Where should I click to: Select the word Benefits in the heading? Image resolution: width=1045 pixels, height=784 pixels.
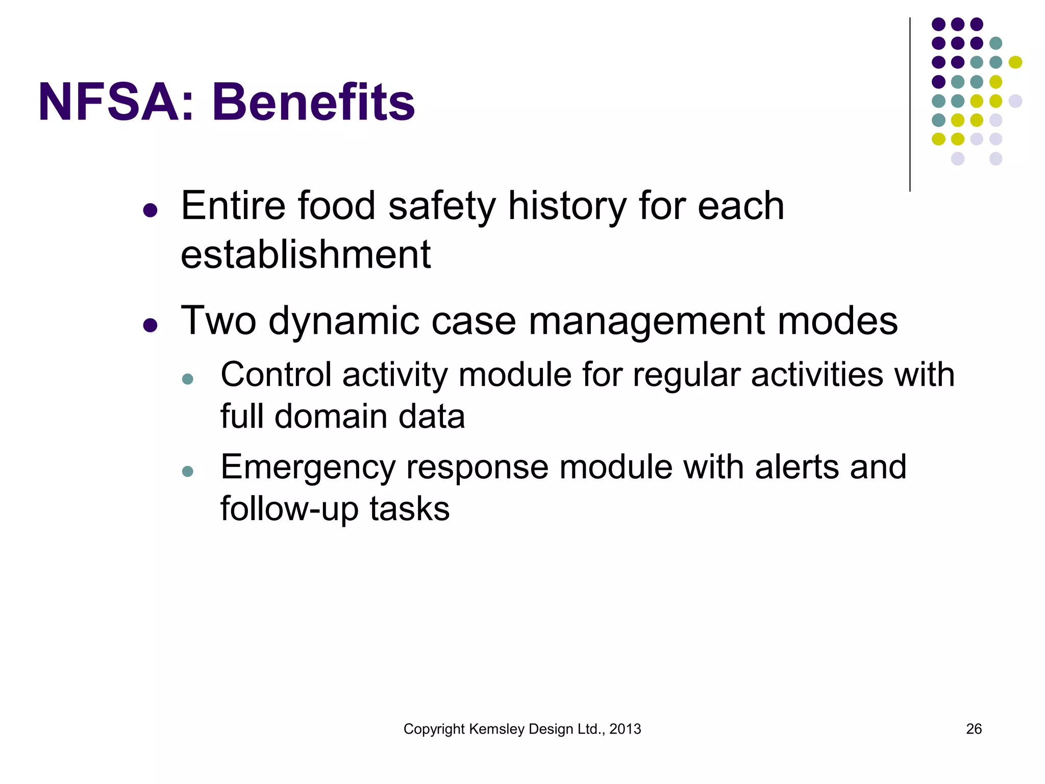pyautogui.click(x=313, y=103)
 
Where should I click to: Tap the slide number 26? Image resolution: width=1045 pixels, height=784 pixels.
pyautogui.click(x=974, y=729)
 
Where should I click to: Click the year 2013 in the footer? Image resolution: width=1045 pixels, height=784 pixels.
pyautogui.click(x=625, y=729)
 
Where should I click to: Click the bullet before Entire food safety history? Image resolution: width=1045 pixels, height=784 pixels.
pyautogui.click(x=150, y=210)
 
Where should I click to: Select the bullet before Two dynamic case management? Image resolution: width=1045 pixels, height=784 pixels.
pyautogui.click(x=150, y=325)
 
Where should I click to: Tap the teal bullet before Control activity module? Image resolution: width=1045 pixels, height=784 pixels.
pyautogui.click(x=188, y=379)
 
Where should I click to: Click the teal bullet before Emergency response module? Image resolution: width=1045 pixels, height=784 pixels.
pyautogui.click(x=188, y=471)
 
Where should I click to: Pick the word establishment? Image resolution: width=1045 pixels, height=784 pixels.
pyautogui.click(x=306, y=254)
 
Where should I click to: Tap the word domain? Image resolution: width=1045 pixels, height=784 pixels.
pyautogui.click(x=331, y=416)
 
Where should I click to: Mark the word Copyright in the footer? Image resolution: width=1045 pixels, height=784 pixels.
pyautogui.click(x=434, y=729)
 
